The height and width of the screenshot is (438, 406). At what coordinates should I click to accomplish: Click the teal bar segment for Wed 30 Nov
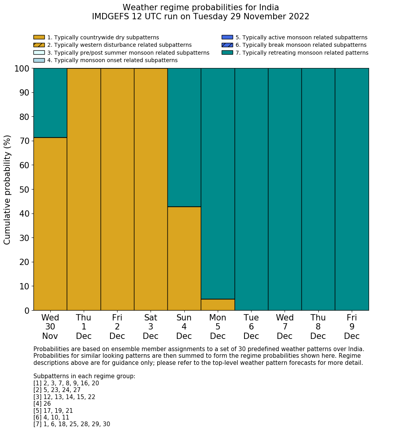click(50, 103)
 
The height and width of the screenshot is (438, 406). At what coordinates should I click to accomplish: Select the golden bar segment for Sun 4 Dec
click(184, 258)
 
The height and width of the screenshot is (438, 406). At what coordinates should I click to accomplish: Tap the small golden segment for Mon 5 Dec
click(218, 305)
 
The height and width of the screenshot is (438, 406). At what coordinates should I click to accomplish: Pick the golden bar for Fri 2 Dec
click(117, 189)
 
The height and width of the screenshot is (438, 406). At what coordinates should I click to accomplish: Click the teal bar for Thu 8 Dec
click(318, 189)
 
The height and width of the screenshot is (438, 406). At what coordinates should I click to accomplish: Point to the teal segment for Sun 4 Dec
click(184, 137)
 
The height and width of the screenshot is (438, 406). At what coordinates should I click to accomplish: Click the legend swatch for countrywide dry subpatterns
click(39, 37)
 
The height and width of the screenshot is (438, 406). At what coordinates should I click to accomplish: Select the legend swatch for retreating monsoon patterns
click(227, 53)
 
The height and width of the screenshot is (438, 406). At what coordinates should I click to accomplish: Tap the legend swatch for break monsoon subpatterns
click(227, 45)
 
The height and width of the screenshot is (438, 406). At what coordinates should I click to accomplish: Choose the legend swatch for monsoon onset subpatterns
click(39, 60)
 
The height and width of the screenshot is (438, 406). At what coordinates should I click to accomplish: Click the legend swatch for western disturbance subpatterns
click(39, 45)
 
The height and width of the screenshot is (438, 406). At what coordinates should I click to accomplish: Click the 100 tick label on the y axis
click(22, 69)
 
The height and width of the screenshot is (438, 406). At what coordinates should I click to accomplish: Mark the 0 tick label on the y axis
click(27, 311)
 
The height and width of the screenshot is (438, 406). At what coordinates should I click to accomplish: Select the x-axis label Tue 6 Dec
click(251, 327)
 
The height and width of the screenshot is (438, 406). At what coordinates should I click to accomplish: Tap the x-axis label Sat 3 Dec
click(151, 327)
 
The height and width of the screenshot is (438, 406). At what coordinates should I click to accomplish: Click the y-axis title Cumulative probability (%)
click(7, 190)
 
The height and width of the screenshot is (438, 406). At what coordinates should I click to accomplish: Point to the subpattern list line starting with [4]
click(42, 404)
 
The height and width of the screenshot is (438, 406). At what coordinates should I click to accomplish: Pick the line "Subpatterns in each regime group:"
click(84, 376)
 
